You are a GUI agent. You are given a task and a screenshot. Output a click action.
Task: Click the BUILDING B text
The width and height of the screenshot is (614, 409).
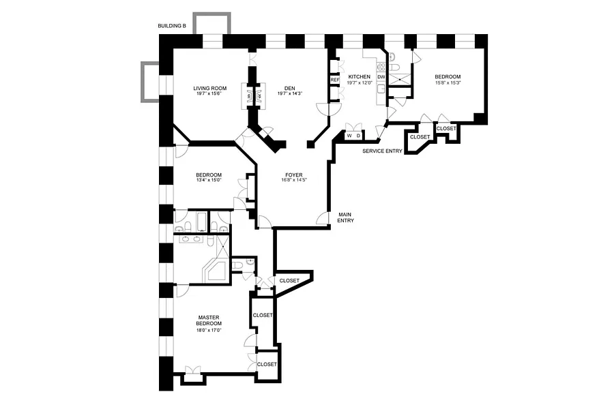click(x=171, y=27)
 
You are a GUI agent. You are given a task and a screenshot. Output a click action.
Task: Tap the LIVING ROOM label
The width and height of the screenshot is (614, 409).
click(x=209, y=88)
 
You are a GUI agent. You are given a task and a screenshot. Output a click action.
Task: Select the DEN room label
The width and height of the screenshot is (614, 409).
click(x=289, y=88)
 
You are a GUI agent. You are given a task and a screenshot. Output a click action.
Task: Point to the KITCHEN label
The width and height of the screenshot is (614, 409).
click(x=360, y=76)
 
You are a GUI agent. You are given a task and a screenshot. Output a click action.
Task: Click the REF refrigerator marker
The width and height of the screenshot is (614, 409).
click(x=335, y=80)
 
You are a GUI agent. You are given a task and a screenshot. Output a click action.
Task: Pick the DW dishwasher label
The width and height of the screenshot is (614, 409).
click(x=381, y=77)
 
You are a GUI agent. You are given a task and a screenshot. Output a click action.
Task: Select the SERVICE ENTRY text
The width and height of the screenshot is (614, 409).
click(x=382, y=151)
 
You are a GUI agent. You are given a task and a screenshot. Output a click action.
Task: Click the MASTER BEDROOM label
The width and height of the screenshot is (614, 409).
click(x=208, y=320)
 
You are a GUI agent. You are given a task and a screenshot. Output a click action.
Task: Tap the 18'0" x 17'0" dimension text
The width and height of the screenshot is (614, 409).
click(x=208, y=330)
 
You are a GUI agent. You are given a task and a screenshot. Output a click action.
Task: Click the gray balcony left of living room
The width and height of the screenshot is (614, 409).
click(x=149, y=81)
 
